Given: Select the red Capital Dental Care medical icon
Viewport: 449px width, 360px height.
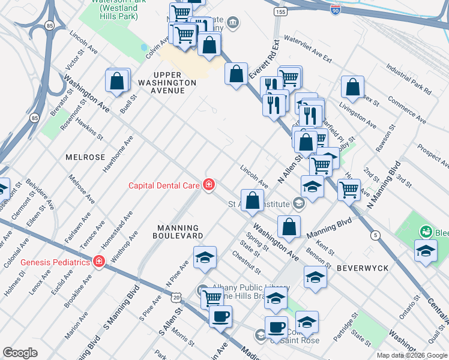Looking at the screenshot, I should click(209, 185).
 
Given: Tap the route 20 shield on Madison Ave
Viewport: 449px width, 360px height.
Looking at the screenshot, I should click(175, 297).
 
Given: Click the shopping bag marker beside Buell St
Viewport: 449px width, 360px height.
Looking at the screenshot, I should click(118, 80).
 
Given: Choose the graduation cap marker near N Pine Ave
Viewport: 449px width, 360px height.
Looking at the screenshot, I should click(205, 257).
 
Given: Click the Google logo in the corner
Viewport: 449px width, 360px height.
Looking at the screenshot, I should click(20, 353).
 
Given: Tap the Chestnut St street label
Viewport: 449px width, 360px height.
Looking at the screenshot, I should click(246, 262).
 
